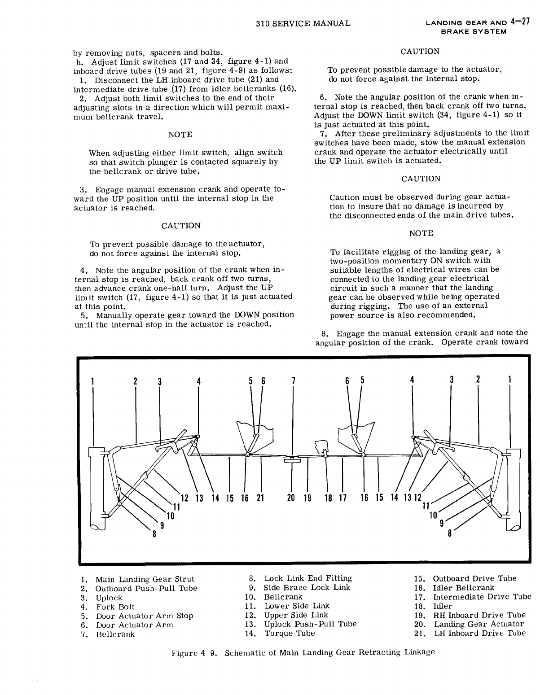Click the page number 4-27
point(520,22)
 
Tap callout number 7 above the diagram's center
point(292,381)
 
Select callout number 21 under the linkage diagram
point(260,498)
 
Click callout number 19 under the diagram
point(307,498)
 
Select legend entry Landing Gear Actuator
point(479,624)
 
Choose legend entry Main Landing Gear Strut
point(145,579)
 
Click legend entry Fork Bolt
point(115,607)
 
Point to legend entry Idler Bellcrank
point(463,588)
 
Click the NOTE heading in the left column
point(180,135)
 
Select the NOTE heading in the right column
point(421,233)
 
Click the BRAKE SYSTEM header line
point(474,32)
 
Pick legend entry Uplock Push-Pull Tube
point(310,624)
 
